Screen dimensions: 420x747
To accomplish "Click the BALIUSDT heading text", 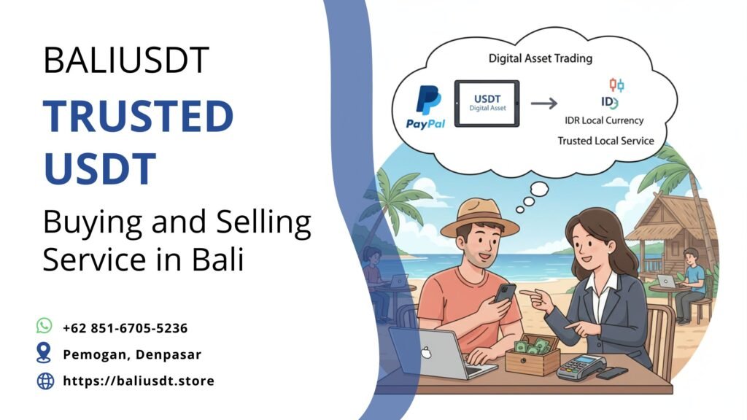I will pyautogui.click(x=126, y=60).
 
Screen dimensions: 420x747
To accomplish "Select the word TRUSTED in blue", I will pyautogui.click(x=138, y=117).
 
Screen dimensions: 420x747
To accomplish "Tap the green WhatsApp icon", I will pyautogui.click(x=44, y=326).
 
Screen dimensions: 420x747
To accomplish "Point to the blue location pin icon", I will pyautogui.click(x=44, y=354).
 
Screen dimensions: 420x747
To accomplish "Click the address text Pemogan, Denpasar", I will pyautogui.click(x=132, y=354).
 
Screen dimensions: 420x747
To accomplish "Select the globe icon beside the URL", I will pyautogui.click(x=45, y=381).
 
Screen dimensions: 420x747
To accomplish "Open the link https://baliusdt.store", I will pyautogui.click(x=139, y=381).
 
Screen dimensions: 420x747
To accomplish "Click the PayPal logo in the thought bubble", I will pyautogui.click(x=427, y=106).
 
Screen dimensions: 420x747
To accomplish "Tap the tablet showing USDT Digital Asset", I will pyautogui.click(x=487, y=104).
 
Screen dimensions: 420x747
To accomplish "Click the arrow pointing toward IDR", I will pyautogui.click(x=543, y=104).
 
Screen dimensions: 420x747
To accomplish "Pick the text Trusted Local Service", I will pyautogui.click(x=605, y=140).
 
